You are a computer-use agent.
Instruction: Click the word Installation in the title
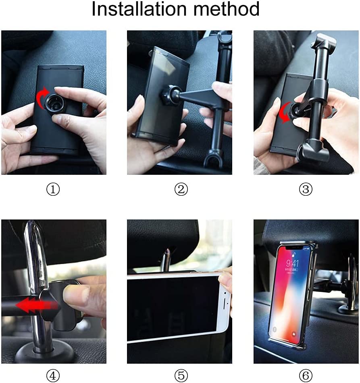tap(139, 9)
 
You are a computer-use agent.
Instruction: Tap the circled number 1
tap(53, 189)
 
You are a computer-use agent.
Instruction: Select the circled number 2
tap(181, 189)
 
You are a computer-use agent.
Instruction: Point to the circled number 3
tap(306, 189)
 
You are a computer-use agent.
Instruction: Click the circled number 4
tap(53, 375)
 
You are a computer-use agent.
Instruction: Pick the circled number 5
tap(181, 375)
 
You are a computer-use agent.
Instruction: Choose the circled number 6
tap(306, 375)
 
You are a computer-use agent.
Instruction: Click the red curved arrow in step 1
tap(41, 97)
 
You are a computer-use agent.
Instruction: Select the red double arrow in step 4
tap(37, 305)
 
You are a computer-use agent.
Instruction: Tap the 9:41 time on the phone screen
tap(293, 263)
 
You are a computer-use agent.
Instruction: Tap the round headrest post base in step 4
tap(44, 352)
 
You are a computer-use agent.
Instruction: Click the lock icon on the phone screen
tap(294, 255)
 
